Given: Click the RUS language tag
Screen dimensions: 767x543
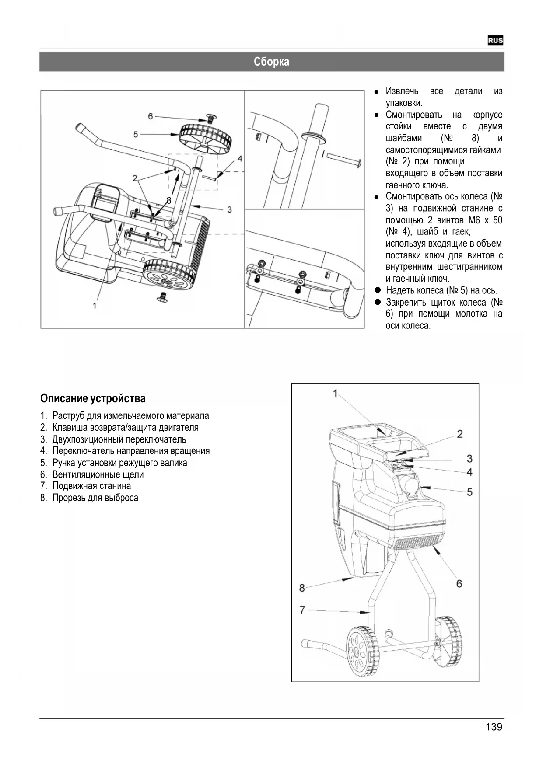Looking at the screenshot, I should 495,41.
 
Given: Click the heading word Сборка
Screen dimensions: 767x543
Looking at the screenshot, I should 271,62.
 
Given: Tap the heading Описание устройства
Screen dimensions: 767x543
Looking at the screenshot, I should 93,398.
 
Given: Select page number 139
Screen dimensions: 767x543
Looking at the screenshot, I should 494,727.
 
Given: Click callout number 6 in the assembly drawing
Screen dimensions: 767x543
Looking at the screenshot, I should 151,116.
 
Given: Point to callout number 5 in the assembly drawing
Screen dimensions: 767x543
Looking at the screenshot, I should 136,134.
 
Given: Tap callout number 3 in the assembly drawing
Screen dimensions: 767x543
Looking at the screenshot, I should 229,209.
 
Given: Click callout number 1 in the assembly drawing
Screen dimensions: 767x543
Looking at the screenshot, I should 95,305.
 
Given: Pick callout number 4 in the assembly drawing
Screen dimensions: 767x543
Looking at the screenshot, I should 240,158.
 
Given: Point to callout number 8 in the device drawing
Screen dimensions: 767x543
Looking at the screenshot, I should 302,588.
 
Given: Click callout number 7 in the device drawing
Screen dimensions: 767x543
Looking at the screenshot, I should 302,609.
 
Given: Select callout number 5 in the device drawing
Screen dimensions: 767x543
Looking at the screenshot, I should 469,492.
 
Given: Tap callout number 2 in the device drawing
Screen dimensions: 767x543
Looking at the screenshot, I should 460,434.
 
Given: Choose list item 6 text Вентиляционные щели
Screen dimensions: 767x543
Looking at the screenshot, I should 98,474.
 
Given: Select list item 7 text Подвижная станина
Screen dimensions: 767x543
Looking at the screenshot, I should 91,486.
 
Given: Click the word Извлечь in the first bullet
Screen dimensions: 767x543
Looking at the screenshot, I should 402,91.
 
